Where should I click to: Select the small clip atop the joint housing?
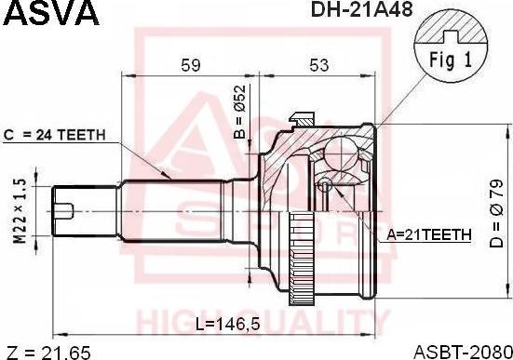tap(303, 118)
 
